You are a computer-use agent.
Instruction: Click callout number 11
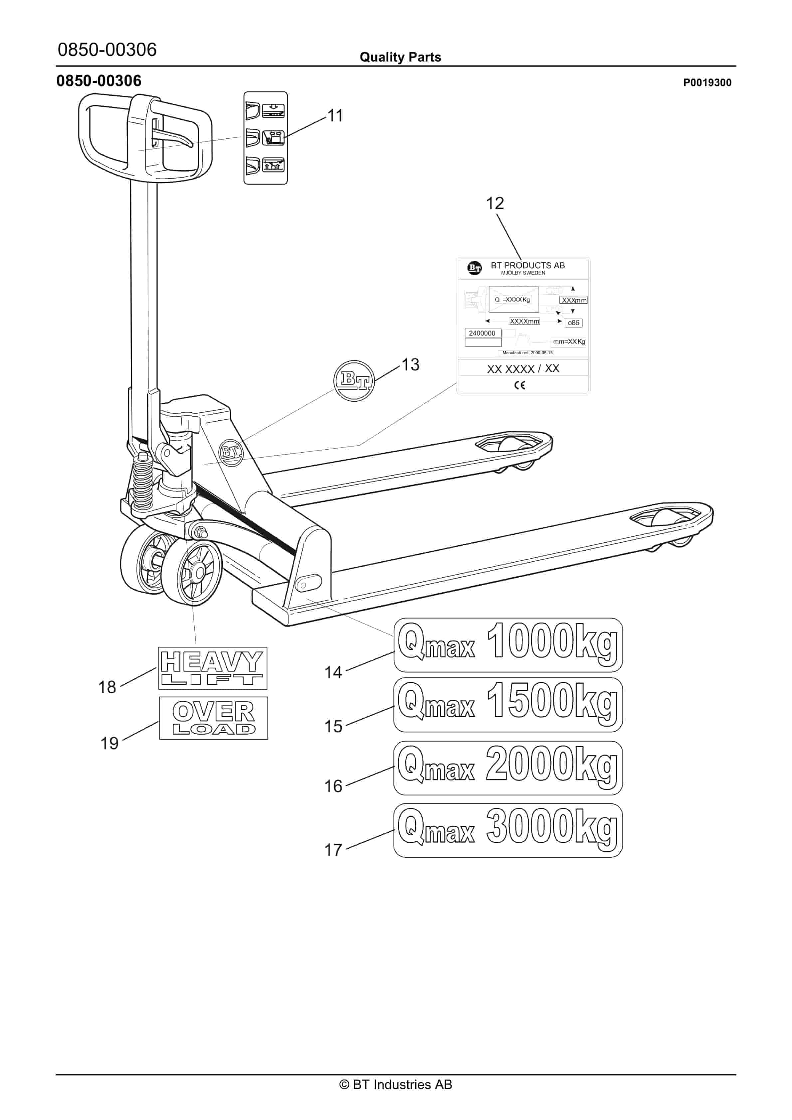(335, 116)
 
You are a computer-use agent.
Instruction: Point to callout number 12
(495, 204)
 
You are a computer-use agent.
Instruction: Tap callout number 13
(410, 364)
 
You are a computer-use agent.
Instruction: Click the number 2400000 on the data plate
(482, 333)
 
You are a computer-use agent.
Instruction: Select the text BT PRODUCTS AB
(527, 265)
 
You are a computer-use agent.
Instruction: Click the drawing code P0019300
(706, 82)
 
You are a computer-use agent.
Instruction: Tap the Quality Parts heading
(400, 57)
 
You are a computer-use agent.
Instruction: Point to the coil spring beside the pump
(143, 483)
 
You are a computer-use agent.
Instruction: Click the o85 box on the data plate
(573, 323)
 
